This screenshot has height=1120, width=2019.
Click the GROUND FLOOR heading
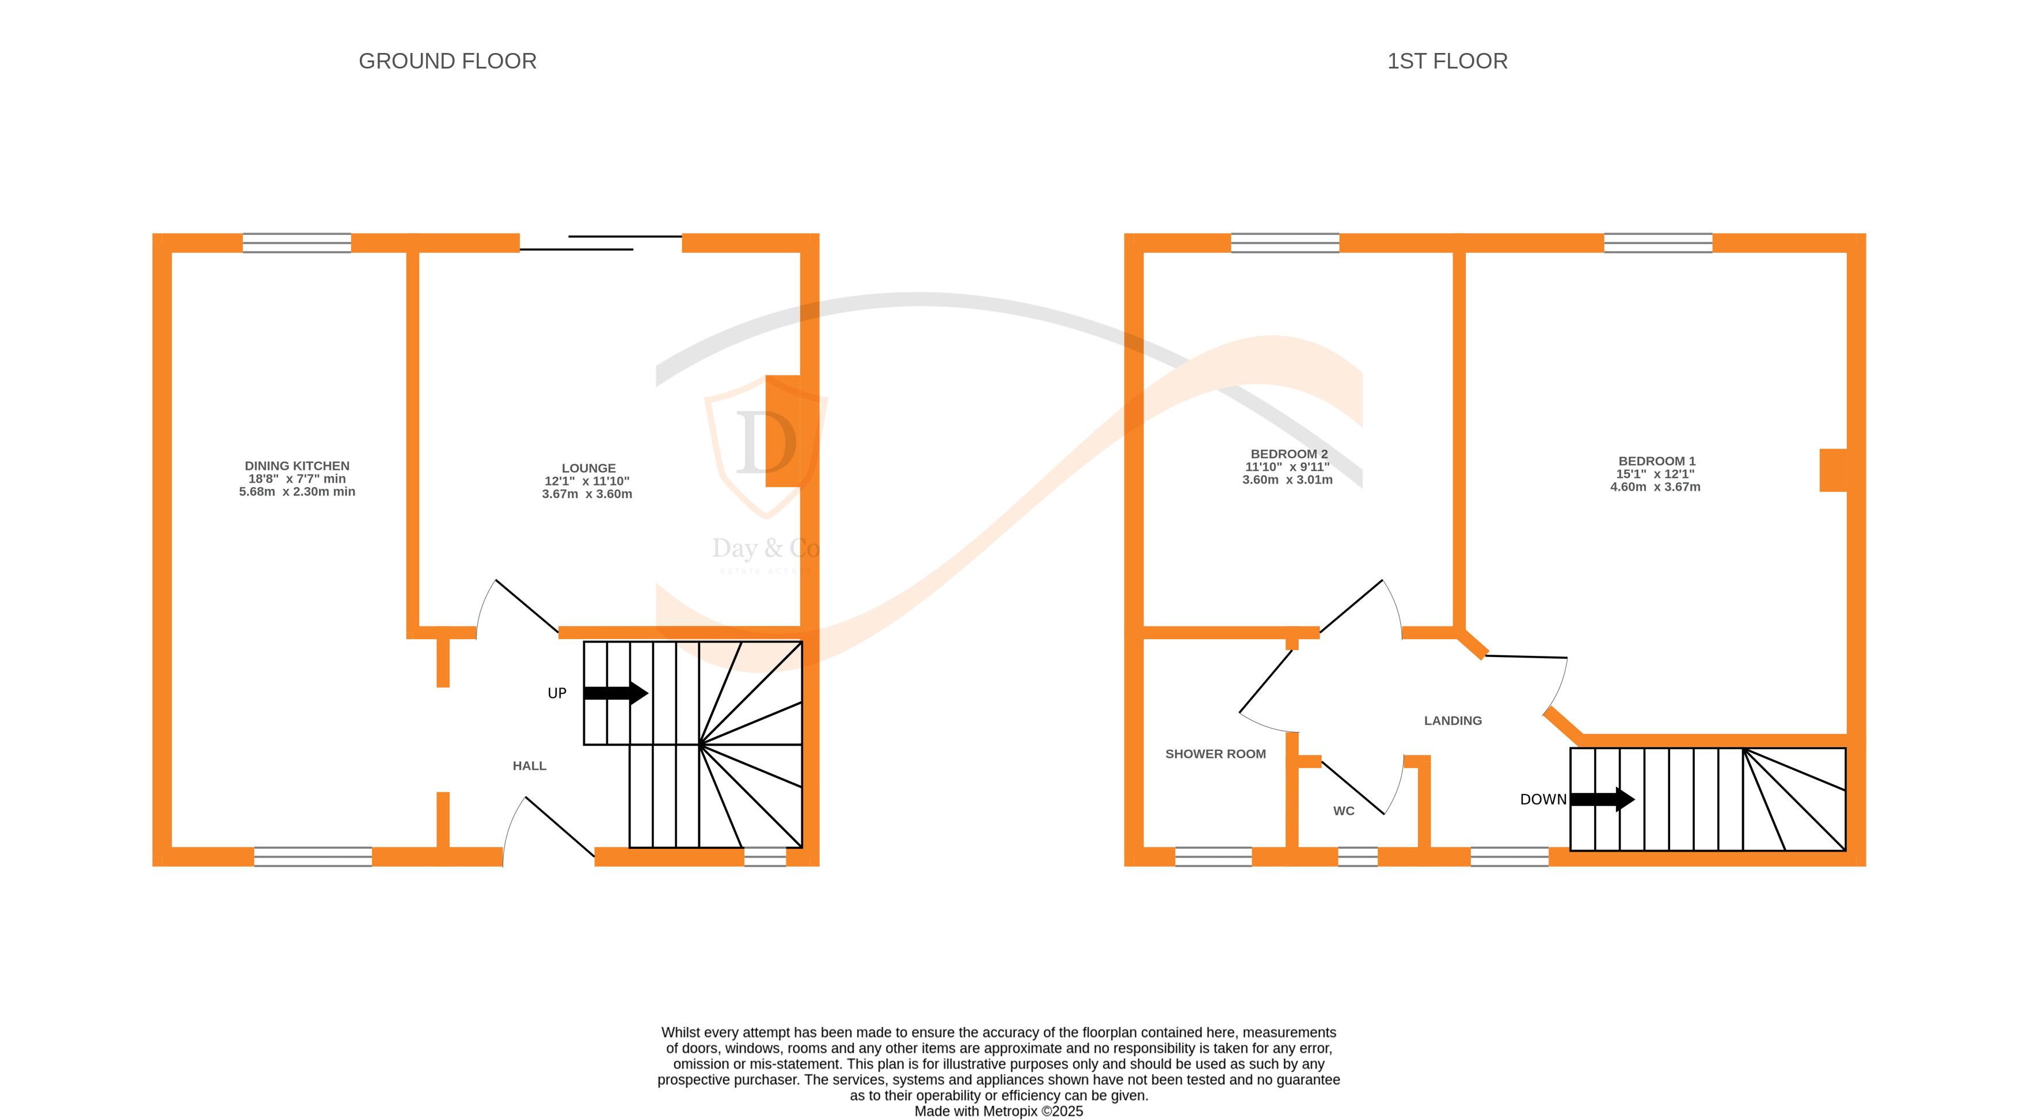(x=447, y=61)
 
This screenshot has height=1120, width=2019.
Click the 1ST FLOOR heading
(x=1447, y=61)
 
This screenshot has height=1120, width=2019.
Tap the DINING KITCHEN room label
(x=297, y=465)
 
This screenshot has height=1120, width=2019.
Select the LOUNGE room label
(x=588, y=468)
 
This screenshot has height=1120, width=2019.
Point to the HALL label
(x=530, y=766)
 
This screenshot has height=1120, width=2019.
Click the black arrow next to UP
(x=616, y=693)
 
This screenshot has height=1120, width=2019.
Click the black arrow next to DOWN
(x=1603, y=799)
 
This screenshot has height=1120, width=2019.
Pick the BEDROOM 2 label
(x=1290, y=454)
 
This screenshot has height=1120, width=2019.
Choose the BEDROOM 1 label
(x=1657, y=461)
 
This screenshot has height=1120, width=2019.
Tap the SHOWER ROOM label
(x=1216, y=754)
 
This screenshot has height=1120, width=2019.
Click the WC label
(x=1343, y=811)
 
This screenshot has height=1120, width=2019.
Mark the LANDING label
(x=1453, y=720)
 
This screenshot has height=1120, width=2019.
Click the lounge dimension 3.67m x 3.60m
(x=587, y=493)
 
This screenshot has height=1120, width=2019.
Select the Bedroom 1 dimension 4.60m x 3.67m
(x=1655, y=487)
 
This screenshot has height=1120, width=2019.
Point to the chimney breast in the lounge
(x=783, y=431)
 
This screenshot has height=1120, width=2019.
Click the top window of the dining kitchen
(x=297, y=243)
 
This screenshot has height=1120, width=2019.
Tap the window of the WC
(x=1358, y=857)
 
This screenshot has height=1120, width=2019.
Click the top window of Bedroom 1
(x=1659, y=243)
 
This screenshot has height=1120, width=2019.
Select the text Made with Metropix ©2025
(x=998, y=1111)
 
